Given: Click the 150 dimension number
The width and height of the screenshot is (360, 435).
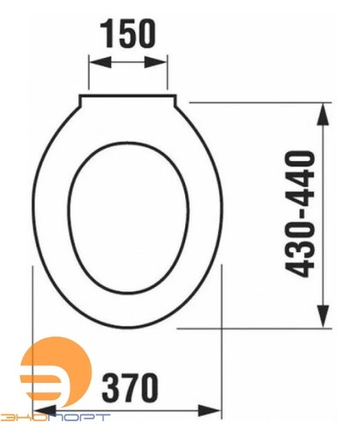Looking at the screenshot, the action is pos(128,34).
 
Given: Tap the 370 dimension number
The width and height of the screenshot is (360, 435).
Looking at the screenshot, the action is pos(130,387).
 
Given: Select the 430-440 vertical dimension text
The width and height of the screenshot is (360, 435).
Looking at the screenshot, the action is pos(300,214).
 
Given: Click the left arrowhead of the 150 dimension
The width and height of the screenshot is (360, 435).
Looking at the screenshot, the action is pos(100,62).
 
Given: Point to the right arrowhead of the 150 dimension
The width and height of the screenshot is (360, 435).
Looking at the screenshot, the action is pos(156,62).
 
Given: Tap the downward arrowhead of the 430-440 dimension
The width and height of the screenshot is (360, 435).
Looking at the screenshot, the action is pos(323,317).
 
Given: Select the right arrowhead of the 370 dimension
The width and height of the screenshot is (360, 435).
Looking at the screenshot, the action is pos(210,411).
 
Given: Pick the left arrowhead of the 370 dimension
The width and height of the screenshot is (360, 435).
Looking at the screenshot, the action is pos(45,411).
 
